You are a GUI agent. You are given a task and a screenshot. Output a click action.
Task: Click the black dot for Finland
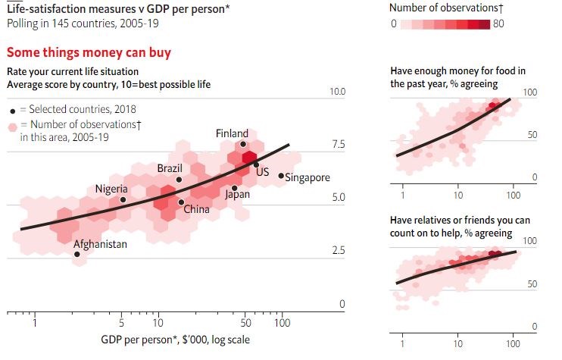[243, 144]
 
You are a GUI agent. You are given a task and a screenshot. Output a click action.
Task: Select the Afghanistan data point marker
[77, 255]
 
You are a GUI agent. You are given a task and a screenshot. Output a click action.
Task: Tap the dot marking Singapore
[281, 176]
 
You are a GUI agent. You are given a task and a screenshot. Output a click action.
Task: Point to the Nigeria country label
[111, 189]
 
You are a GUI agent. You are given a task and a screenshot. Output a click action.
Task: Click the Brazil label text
[169, 167]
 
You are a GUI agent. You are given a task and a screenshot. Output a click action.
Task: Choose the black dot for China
[181, 202]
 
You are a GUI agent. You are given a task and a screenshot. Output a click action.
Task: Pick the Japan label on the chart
[237, 194]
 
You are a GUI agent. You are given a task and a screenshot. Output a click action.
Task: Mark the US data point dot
[256, 164]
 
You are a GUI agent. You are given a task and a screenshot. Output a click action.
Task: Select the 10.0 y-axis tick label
[335, 92]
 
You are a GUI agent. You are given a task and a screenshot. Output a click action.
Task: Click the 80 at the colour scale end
[498, 23]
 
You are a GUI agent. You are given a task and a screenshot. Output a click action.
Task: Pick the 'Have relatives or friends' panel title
[459, 226]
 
